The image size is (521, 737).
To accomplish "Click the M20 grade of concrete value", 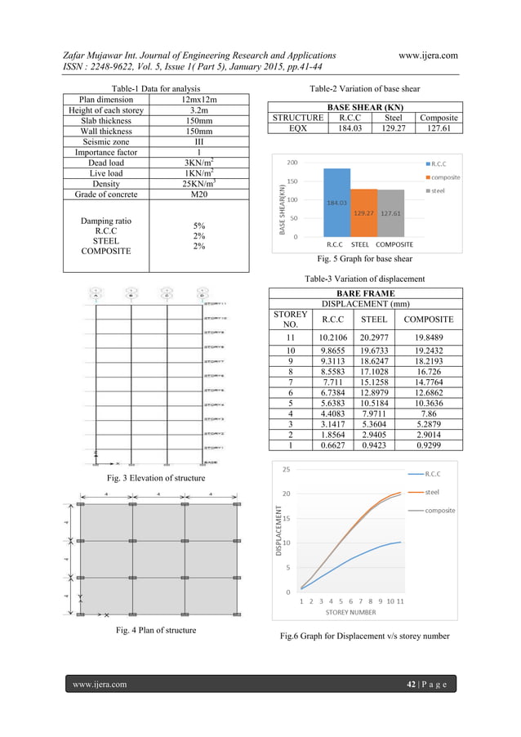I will (193, 194).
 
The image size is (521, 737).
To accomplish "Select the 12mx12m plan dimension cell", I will (193, 100).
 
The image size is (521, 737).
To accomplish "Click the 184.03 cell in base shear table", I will (349, 128).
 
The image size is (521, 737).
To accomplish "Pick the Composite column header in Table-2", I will (438, 118).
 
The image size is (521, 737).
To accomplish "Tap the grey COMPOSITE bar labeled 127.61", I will (391, 213).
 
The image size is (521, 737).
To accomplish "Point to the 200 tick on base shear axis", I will (291, 163).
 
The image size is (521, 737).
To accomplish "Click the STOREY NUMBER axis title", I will (350, 611).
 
